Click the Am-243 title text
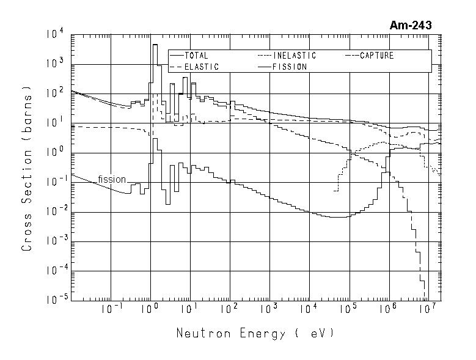410,26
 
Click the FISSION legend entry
290,67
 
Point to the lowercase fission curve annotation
112,179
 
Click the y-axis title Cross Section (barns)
27,168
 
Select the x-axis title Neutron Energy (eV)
255,334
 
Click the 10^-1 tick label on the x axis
110,308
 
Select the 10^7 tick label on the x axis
428,308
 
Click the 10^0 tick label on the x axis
150,308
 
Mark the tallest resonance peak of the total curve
155,45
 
